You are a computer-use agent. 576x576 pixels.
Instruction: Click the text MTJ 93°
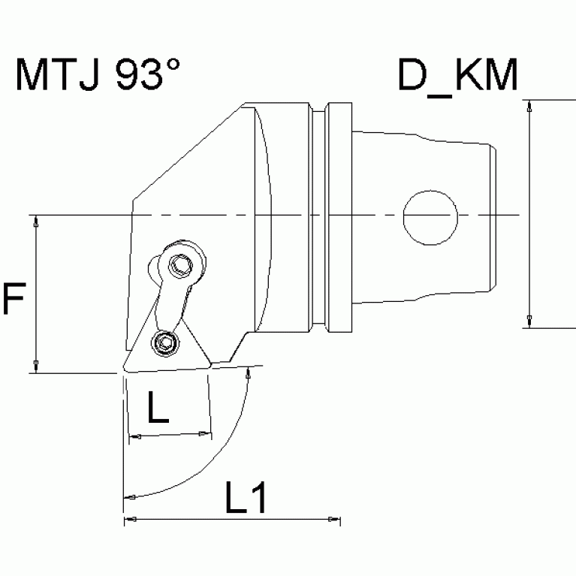pyautogui.click(x=98, y=77)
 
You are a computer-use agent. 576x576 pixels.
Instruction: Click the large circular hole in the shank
pyautogui.click(x=430, y=216)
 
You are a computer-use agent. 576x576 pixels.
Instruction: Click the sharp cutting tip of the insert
pyautogui.click(x=122, y=371)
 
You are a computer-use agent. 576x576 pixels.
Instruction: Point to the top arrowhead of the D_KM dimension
pyautogui.click(x=531, y=107)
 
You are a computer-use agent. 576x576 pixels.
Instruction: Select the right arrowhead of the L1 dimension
pyautogui.click(x=333, y=520)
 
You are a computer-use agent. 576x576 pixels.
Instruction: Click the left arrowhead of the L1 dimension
pyautogui.click(x=129, y=520)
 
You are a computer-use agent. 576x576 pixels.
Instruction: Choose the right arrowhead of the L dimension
pyautogui.click(x=204, y=434)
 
